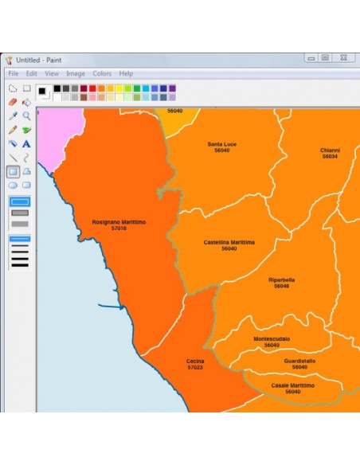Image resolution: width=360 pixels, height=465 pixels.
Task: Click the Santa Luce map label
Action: click(222, 147)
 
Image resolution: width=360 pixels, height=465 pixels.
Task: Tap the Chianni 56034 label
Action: click(330, 153)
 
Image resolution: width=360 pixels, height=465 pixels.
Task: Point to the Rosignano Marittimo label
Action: click(119, 225)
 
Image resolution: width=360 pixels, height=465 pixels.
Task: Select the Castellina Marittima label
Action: click(229, 244)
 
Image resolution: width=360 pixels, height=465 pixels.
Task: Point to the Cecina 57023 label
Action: click(195, 364)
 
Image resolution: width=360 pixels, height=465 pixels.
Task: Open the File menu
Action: click(14, 73)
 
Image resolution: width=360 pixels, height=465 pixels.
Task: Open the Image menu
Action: click(76, 73)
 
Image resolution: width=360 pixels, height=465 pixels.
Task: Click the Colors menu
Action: click(102, 73)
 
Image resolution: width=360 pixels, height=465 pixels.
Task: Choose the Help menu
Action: click(126, 73)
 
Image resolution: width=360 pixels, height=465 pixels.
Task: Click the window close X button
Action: click(342, 58)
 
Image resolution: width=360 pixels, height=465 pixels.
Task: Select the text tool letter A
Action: click(26, 143)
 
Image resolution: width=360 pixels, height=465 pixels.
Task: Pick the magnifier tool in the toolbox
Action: click(26, 115)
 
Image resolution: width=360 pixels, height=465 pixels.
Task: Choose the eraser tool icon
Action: click(12, 102)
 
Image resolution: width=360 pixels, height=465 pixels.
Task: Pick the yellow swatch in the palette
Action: click(119, 88)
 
